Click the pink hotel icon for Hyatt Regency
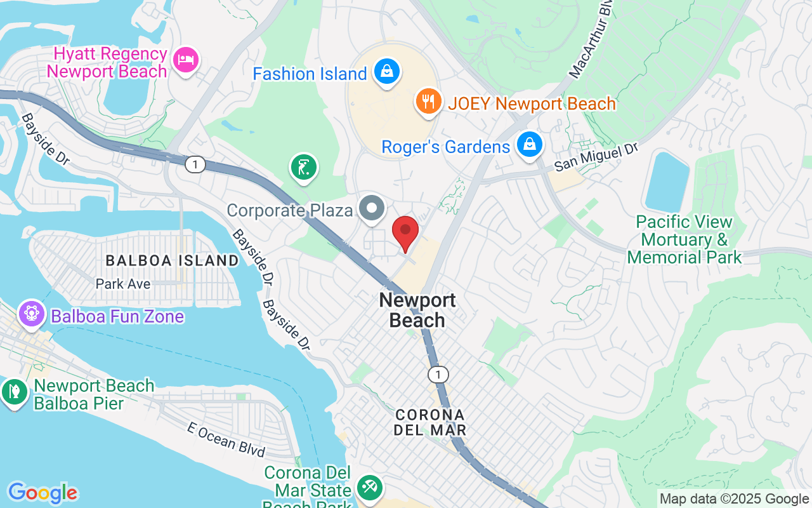click(x=186, y=60)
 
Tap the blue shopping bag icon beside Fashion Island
click(x=386, y=72)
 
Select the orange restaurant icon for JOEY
click(x=428, y=100)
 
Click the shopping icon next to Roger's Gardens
click(x=528, y=145)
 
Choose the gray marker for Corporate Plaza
click(x=371, y=208)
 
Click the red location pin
click(x=405, y=232)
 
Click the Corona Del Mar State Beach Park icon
click(x=369, y=488)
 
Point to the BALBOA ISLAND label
click(x=172, y=260)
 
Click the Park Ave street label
click(x=123, y=284)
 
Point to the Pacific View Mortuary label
click(x=684, y=239)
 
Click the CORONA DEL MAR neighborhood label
click(x=430, y=422)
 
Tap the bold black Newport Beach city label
click(x=417, y=310)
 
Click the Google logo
click(x=43, y=493)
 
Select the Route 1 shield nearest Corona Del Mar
click(x=438, y=374)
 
